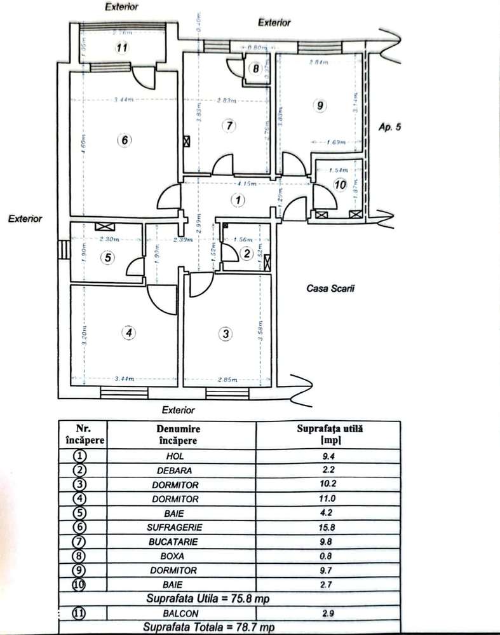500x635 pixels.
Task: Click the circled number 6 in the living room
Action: (x=125, y=140)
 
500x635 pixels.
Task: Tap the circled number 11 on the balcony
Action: (x=123, y=48)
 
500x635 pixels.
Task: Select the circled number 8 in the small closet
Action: (x=255, y=69)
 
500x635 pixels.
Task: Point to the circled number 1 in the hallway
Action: (x=237, y=200)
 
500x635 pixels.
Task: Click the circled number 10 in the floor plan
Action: (x=339, y=185)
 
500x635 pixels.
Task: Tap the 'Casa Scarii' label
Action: (x=330, y=288)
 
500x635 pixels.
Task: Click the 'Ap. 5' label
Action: (x=389, y=126)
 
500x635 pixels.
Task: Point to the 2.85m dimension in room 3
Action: (x=227, y=379)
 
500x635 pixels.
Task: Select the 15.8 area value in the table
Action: (x=328, y=527)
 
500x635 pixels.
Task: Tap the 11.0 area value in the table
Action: (x=328, y=499)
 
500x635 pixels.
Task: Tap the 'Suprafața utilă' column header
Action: (x=328, y=434)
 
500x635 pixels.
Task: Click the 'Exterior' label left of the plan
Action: (x=25, y=219)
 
